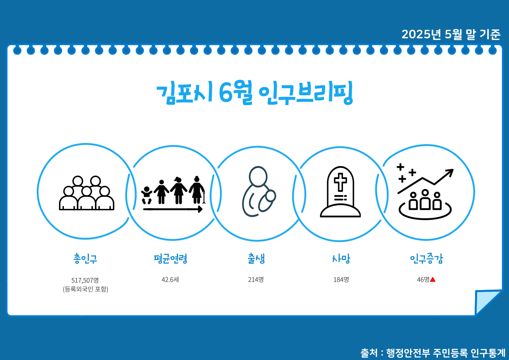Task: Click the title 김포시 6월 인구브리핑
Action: pos(254,94)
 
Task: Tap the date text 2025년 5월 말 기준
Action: pos(451,35)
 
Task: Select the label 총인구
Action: pos(85,259)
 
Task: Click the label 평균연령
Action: pos(170,259)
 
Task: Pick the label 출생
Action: pos(256,259)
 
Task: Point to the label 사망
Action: pos(341,259)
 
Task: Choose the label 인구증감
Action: pos(426,259)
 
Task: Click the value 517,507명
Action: pos(85,280)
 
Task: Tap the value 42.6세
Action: pos(170,279)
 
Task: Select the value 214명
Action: pos(256,279)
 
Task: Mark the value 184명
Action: pos(341,279)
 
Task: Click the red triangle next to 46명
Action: pos(433,279)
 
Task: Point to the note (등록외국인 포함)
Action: pos(85,289)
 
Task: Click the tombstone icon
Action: pos(341,192)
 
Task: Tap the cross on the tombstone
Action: pos(341,182)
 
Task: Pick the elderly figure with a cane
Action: pos(197,190)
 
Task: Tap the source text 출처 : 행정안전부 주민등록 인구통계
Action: pos(433,352)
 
